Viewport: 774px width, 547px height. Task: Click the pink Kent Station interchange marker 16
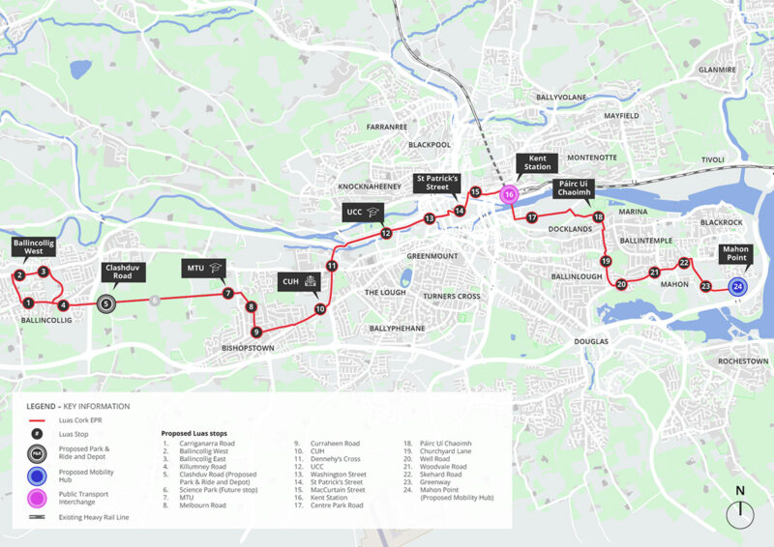tap(509, 194)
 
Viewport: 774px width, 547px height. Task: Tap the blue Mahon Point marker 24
tap(737, 287)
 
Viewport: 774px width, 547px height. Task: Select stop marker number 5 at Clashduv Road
tap(105, 303)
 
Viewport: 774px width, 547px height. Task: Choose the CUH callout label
tap(299, 281)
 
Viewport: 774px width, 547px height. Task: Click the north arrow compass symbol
tap(741, 511)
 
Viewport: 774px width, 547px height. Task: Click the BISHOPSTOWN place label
tap(249, 348)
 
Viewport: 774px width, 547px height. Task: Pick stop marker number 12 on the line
tap(385, 233)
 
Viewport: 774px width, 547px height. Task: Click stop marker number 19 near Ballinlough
tap(606, 261)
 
